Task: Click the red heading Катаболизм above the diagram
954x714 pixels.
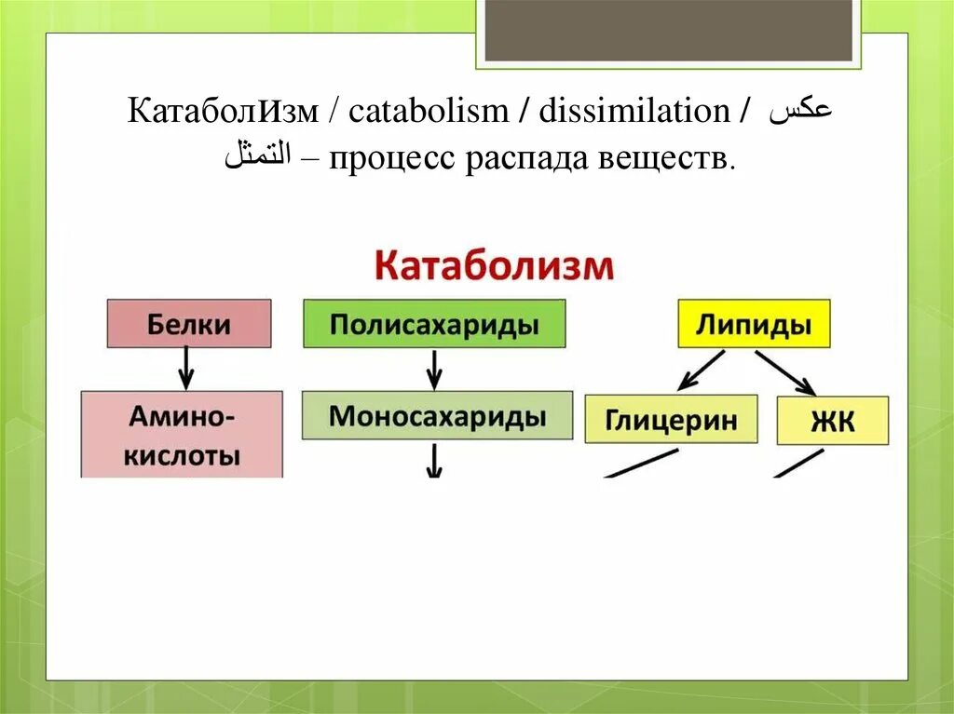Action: point(494,266)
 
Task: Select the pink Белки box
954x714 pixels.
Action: point(189,324)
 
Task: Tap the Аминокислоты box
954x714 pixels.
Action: point(182,434)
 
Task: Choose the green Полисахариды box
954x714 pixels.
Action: point(434,324)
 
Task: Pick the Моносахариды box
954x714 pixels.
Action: point(438,415)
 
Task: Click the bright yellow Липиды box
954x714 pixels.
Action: point(755,324)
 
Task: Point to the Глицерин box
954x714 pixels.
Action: point(671,419)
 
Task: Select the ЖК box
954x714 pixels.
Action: point(833,420)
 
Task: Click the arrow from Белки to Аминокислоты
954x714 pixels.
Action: point(186,368)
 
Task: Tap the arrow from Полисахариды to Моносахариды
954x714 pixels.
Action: point(434,370)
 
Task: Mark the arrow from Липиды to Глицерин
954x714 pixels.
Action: point(701,370)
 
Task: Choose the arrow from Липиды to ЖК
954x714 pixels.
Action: point(785,372)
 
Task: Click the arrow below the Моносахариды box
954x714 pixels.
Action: point(434,461)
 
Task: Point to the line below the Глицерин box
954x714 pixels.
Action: point(641,464)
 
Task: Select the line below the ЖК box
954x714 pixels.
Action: point(798,464)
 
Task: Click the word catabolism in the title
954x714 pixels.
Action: point(429,111)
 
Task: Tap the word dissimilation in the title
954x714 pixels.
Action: point(634,111)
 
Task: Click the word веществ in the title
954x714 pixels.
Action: point(667,159)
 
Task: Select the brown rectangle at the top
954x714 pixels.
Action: point(669,31)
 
